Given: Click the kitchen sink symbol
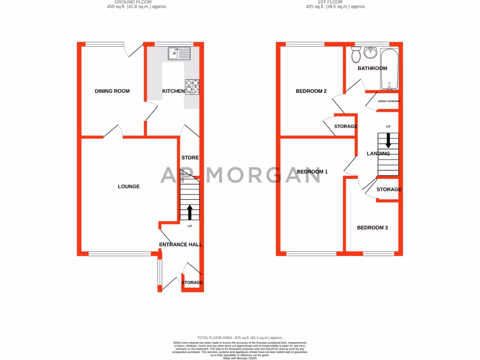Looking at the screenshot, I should tap(180, 54).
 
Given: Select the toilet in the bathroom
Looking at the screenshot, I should tap(356, 55).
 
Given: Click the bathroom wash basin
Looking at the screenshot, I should tap(371, 52).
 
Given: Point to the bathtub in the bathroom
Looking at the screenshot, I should tap(389, 69).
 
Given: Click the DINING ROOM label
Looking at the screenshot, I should tap(112, 91).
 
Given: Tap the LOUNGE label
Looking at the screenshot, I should tap(128, 187).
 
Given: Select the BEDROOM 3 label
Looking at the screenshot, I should tap(372, 228).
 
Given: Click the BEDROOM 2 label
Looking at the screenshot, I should tap(311, 91).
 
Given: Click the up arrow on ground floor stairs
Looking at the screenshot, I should tap(189, 212).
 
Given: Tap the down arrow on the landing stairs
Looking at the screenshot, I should tap(388, 141).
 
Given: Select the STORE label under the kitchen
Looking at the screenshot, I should tap(190, 158).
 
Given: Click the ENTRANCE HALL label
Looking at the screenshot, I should tap(180, 245).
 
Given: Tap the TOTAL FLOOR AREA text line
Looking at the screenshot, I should tap(240, 337).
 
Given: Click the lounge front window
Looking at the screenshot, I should tap(120, 254).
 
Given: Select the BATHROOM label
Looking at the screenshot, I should tap(372, 68).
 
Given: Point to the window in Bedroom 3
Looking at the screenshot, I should tap(378, 254).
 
